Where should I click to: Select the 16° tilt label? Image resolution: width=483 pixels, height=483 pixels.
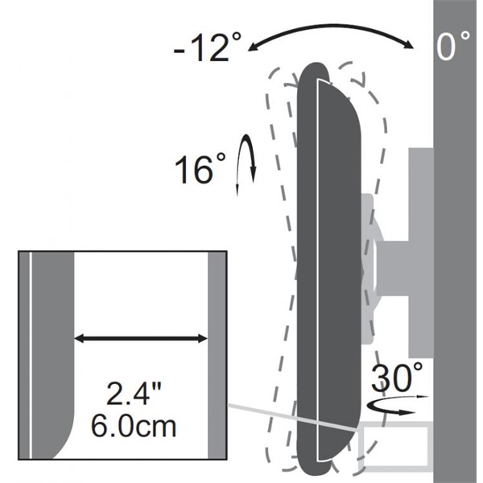200,168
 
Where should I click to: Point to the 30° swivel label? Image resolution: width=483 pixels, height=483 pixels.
397,377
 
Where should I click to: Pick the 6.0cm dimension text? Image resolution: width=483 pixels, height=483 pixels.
134,426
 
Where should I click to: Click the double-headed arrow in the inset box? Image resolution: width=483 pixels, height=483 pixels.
140,339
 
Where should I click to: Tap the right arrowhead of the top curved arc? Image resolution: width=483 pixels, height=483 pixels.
409,45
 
